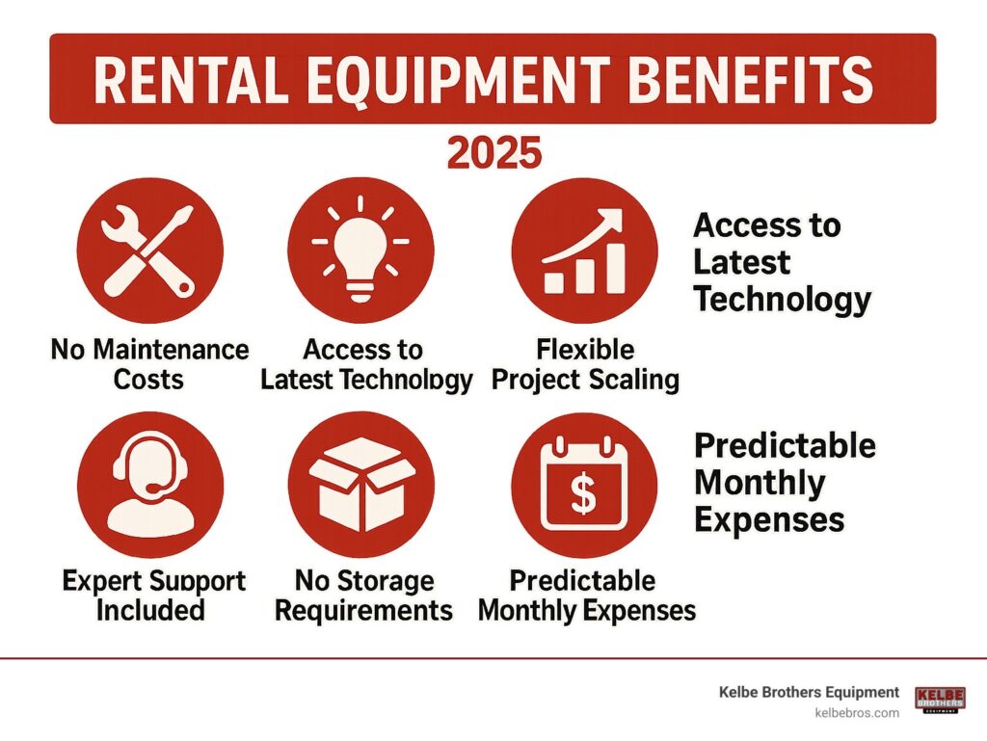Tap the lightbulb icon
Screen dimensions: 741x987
point(361,246)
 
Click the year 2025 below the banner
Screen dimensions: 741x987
point(493,153)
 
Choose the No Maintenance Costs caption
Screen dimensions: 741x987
point(149,363)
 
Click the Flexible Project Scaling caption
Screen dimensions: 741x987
point(585,363)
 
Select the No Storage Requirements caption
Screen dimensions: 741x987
point(365,595)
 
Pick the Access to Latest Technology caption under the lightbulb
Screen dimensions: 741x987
point(366,363)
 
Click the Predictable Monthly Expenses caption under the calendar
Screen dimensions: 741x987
point(587,595)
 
